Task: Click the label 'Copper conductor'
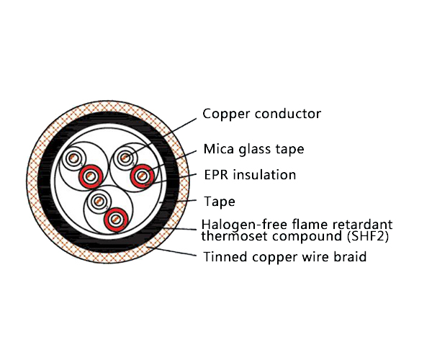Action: (x=261, y=114)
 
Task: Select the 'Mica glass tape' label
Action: (x=253, y=150)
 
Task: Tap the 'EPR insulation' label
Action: (x=249, y=175)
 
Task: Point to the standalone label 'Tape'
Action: (x=219, y=202)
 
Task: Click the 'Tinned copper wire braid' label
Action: (x=284, y=256)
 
